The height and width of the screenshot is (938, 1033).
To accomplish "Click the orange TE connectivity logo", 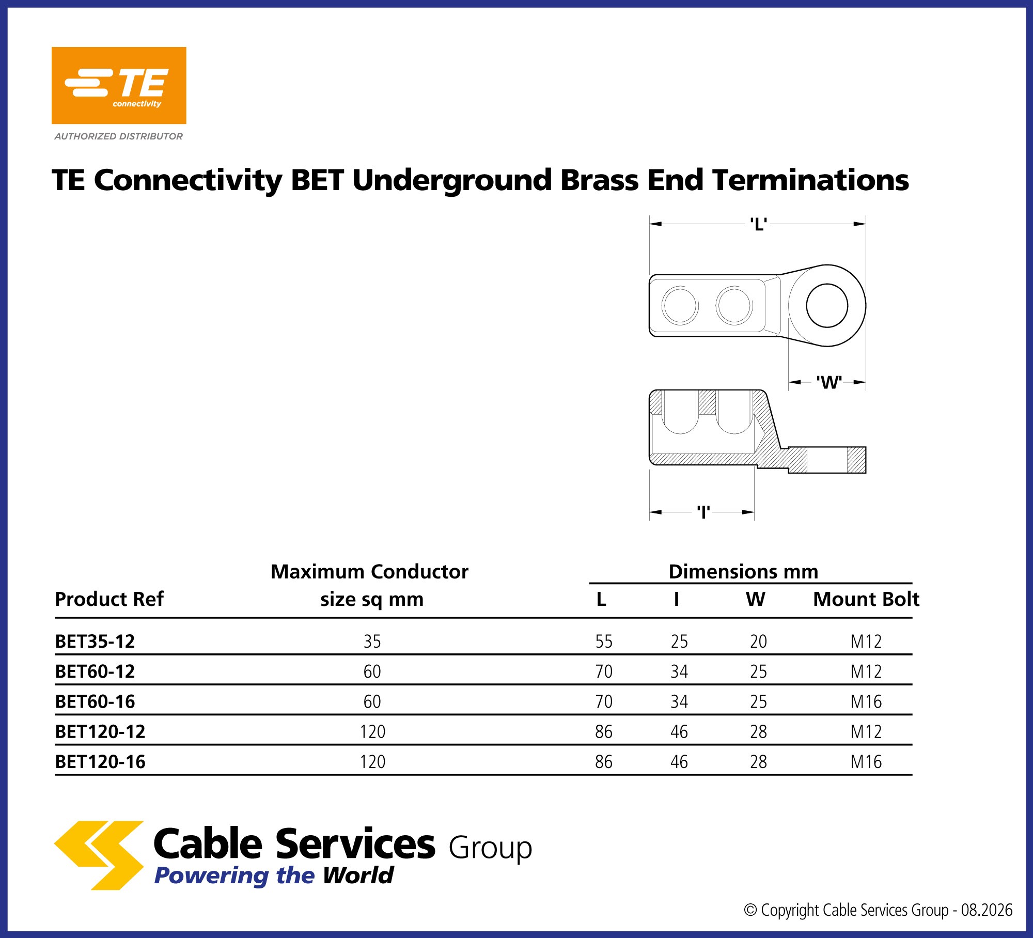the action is pos(119,85).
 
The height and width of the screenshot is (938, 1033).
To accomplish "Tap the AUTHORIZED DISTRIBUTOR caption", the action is pos(119,136).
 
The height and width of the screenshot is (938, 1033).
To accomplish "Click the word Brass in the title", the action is pos(600,180).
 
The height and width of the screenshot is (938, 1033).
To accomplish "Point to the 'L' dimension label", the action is pos(758,224).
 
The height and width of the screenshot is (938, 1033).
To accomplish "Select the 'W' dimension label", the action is pos(829,382).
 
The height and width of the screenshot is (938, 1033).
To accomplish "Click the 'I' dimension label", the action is pos(703,512).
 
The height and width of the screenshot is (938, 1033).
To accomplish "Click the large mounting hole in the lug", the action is pos(827,306).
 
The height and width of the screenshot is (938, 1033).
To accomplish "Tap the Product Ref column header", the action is pos(109,599).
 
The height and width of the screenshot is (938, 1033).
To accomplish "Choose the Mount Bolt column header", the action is pos(866,599).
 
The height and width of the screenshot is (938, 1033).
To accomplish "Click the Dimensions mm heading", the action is pos(743,572).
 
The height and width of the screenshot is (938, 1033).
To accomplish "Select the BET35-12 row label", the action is pos(95,642).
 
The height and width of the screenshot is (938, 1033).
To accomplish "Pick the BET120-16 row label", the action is pos(100,762).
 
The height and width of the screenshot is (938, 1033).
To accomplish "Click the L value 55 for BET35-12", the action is pos(604,642).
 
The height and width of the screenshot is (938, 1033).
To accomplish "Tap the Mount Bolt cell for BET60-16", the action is pos(866,702).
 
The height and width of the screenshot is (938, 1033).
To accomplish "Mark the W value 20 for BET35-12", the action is pos(758,642).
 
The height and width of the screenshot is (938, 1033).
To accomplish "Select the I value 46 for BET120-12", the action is pos(679,732).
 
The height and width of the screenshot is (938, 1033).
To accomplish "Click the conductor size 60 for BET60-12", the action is pos(372,671).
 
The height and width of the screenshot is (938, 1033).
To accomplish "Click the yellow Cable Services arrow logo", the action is pos(99,855).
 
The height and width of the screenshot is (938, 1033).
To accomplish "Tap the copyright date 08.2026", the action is pos(987,910).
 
